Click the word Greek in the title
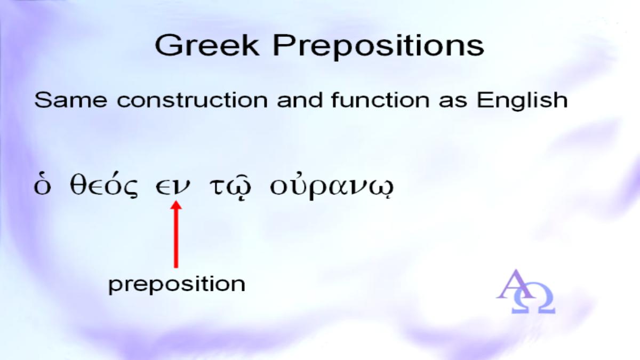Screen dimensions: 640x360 (x=207, y=45)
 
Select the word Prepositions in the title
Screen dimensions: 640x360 (x=378, y=47)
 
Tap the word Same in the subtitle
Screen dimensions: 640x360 (x=70, y=100)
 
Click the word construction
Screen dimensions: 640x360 (x=193, y=100)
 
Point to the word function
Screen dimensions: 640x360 (x=380, y=100)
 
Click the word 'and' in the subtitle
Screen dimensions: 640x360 (x=299, y=100)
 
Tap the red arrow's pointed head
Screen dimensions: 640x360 (x=176, y=205)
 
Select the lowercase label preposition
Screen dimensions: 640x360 (x=177, y=285)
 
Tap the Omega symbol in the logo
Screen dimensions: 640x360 (x=533, y=298)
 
